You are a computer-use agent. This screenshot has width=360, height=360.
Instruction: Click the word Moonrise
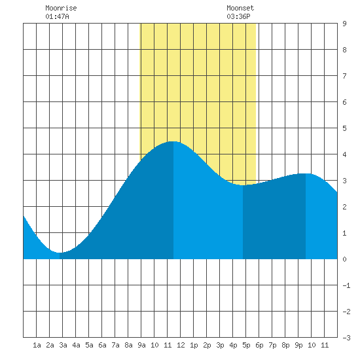pyautogui.click(x=61, y=8)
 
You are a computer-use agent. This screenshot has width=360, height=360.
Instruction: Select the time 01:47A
pyautogui.click(x=57, y=16)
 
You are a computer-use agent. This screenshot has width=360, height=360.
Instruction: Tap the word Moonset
pyautogui.click(x=240, y=8)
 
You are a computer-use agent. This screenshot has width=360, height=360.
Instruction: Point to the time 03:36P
pyautogui.click(x=238, y=16)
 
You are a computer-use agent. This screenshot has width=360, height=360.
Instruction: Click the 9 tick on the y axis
pyautogui.click(x=344, y=24)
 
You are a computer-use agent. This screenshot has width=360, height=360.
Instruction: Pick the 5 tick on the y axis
pyautogui.click(x=344, y=128)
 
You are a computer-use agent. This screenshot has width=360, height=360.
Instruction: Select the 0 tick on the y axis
pyautogui.click(x=344, y=259)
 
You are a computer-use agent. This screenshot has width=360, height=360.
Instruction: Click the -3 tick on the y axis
pyautogui.click(x=346, y=338)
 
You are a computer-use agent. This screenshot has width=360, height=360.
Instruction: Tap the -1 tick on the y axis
pyautogui.click(x=346, y=285)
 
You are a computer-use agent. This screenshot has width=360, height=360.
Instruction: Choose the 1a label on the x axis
pyautogui.click(x=37, y=345)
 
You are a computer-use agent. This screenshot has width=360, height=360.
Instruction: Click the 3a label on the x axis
pyautogui.click(x=63, y=345)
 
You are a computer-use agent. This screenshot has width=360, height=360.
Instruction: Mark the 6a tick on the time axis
pyautogui.click(x=102, y=345)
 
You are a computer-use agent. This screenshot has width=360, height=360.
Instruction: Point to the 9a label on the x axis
pyautogui.click(x=141, y=345)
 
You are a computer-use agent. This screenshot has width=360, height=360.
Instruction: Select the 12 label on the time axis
pyautogui.click(x=181, y=345)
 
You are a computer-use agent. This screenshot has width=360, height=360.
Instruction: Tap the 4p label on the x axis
pyautogui.click(x=233, y=345)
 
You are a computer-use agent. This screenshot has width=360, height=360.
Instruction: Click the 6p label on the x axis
pyautogui.click(x=259, y=345)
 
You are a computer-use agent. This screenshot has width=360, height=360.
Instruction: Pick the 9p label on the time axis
pyautogui.click(x=298, y=345)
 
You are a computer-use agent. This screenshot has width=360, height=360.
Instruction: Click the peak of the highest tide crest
pyautogui.click(x=173, y=141)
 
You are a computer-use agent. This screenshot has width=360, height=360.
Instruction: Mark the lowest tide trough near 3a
pyautogui.click(x=60, y=253)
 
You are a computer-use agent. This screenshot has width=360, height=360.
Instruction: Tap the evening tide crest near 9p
pyautogui.click(x=306, y=173)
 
